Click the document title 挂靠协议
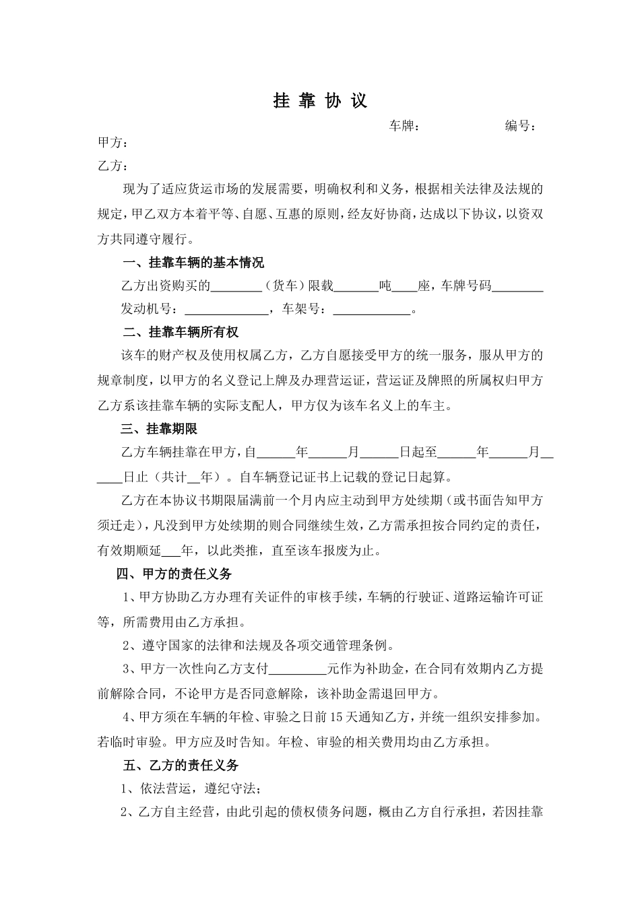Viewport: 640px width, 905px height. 320,101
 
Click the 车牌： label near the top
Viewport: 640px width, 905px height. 404,126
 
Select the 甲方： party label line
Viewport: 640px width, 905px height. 113,143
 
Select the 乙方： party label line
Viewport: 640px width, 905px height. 113,166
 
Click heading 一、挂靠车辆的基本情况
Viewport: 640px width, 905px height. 193,263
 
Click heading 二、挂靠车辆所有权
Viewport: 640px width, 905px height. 181,333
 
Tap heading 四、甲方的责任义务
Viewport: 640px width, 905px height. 174,574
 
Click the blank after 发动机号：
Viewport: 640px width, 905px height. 226,310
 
